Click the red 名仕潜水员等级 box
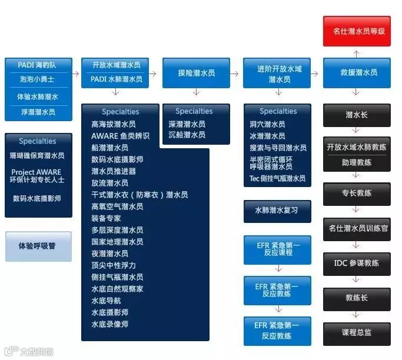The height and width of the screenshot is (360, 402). click(x=357, y=31)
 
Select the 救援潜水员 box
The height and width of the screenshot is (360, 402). click(x=357, y=73)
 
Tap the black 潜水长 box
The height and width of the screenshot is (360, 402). click(x=357, y=115)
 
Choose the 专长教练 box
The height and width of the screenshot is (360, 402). click(x=357, y=193)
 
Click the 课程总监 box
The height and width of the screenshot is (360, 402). click(x=357, y=332)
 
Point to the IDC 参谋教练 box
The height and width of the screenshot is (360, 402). click(x=357, y=263)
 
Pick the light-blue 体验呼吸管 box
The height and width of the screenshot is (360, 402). click(x=38, y=246)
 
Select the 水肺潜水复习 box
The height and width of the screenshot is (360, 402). click(x=277, y=210)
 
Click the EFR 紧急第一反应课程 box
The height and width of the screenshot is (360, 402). click(x=277, y=249)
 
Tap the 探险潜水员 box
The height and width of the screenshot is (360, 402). click(x=196, y=73)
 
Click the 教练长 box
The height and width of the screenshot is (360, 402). click(x=357, y=298)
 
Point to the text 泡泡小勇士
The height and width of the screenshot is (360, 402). click(x=38, y=78)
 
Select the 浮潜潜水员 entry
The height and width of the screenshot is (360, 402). click(x=38, y=112)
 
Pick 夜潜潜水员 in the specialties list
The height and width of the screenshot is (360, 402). click(x=110, y=254)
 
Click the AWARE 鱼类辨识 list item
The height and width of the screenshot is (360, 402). click(x=120, y=136)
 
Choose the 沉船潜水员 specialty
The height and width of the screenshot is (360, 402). click(x=187, y=135)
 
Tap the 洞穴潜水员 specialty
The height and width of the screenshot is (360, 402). click(x=267, y=124)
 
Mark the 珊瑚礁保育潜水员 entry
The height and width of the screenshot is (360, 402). click(x=38, y=156)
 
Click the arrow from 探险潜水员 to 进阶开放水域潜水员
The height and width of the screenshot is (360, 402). click(x=237, y=74)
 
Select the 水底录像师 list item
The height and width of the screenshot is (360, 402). click(x=110, y=324)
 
